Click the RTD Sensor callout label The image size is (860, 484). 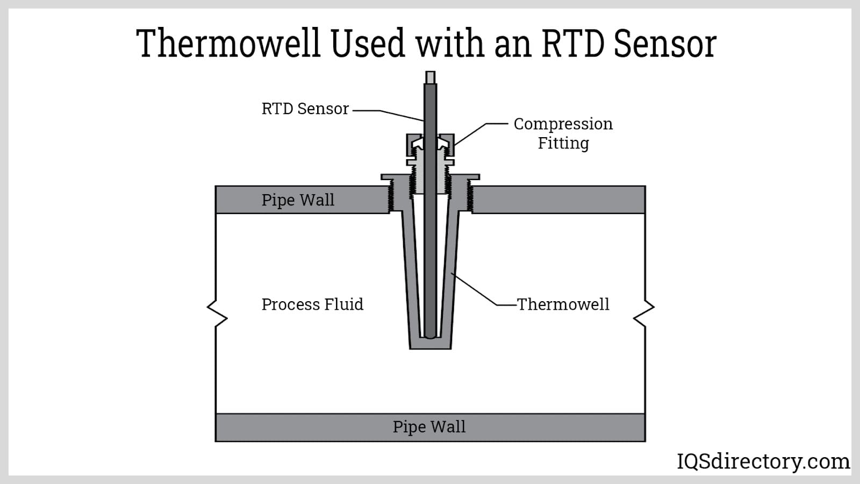tap(305, 109)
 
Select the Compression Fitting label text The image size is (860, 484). tap(563, 133)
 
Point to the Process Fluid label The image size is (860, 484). tap(312, 304)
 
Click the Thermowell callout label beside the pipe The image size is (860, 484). tap(563, 304)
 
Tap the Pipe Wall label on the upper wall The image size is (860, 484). tap(298, 200)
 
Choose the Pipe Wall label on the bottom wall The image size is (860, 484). tap(429, 427)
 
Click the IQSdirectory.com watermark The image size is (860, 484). tap(763, 461)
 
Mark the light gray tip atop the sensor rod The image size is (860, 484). tap(430, 77)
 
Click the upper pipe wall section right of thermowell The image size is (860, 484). tap(559, 200)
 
